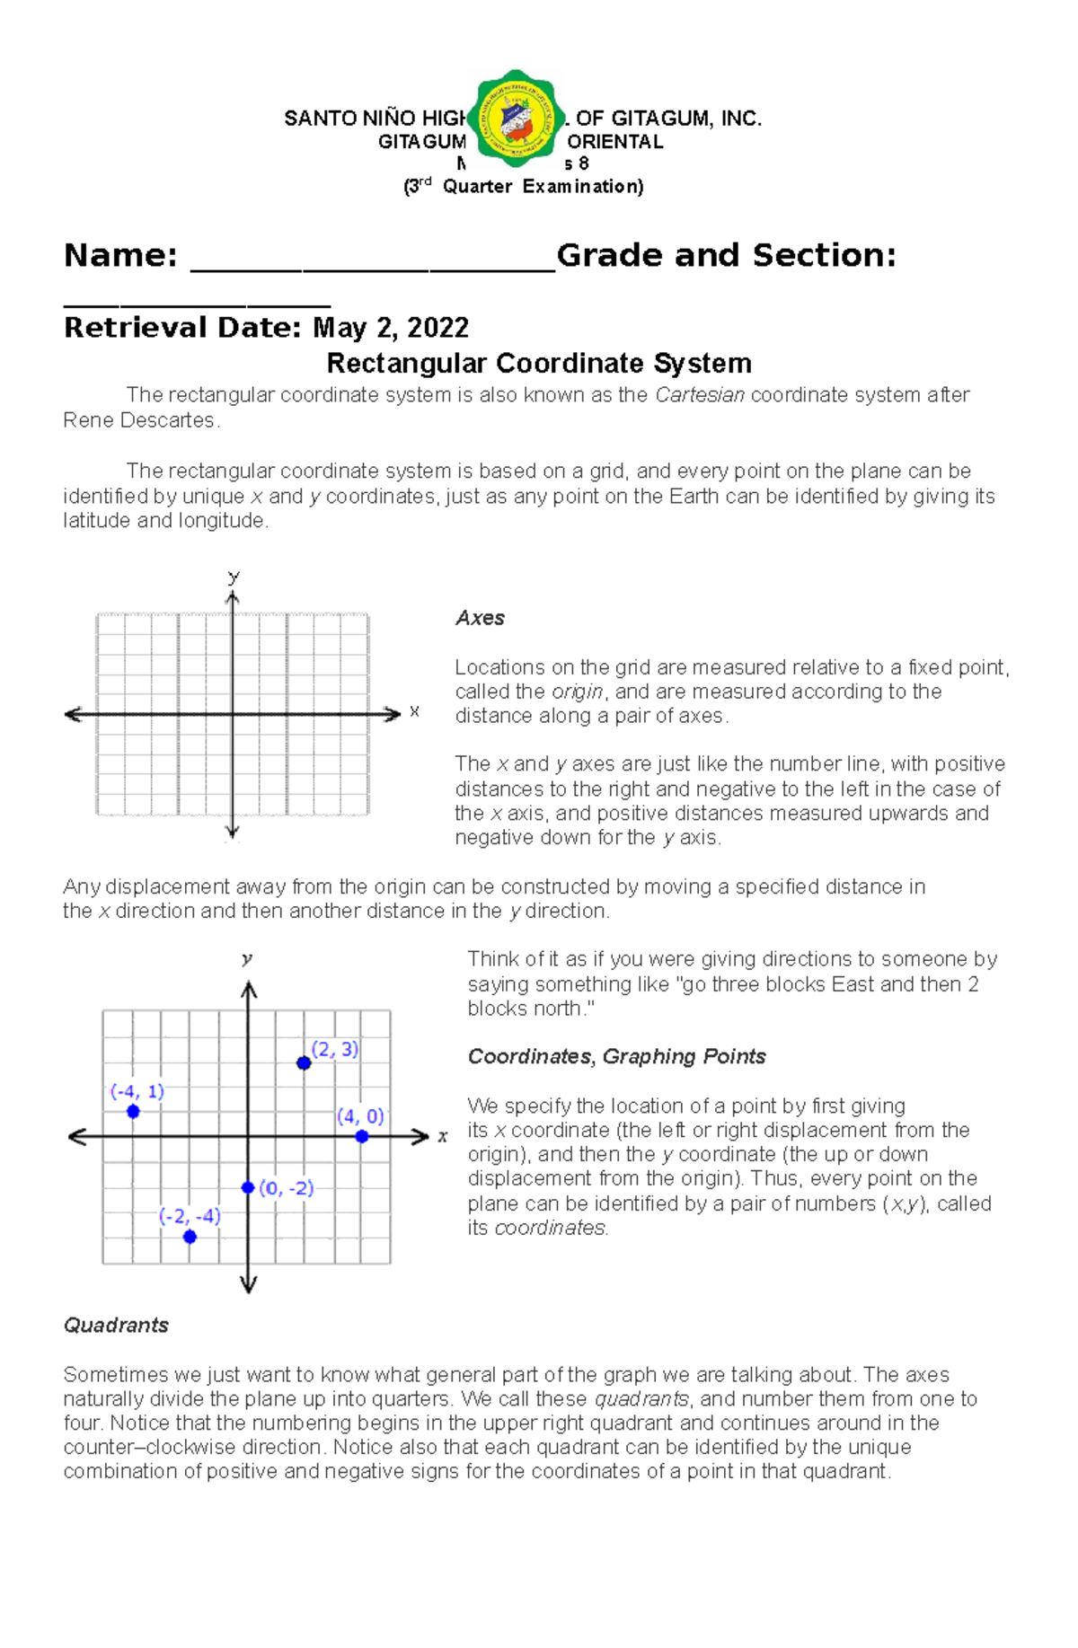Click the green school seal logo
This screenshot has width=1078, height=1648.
click(x=516, y=119)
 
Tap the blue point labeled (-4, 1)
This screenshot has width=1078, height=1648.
click(x=133, y=1111)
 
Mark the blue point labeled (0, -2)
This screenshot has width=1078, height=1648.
click(x=248, y=1187)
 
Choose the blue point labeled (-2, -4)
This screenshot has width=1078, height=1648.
click(x=190, y=1237)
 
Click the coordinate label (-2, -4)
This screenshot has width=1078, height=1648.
click(x=190, y=1216)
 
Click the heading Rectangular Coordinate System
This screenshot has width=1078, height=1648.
click(x=539, y=363)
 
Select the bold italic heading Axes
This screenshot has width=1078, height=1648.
click(x=480, y=618)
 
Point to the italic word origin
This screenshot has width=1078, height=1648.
click(x=576, y=692)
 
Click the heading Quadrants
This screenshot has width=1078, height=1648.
click(x=116, y=1325)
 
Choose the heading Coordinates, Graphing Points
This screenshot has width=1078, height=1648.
click(x=616, y=1056)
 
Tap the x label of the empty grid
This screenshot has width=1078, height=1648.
click(x=414, y=711)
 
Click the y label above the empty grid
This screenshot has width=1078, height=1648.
click(x=234, y=577)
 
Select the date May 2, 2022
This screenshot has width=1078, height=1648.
click(x=391, y=328)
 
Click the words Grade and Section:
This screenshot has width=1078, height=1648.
click(x=726, y=256)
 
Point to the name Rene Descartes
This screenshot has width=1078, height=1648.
click(x=139, y=420)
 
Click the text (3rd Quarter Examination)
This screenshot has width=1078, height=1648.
click(x=523, y=187)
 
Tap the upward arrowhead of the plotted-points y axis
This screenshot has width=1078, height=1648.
click(x=249, y=990)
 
